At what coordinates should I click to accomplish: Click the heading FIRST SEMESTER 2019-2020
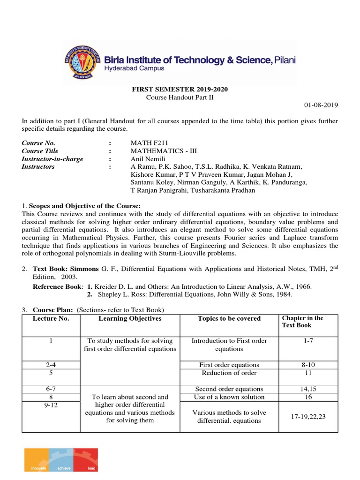(x=180, y=89)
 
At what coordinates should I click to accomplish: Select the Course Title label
(x=40, y=151)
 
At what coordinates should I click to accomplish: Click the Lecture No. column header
(x=51, y=319)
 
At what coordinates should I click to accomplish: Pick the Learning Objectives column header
(x=130, y=319)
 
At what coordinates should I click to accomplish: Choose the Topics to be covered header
(x=229, y=319)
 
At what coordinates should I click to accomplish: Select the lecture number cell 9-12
(x=51, y=405)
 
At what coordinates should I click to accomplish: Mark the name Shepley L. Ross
(x=120, y=294)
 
